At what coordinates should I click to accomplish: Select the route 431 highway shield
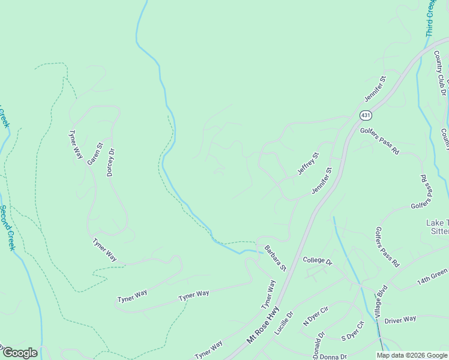pos(365,115)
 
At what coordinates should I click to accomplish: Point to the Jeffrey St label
pos(309,164)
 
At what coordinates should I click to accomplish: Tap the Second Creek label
pos(8,227)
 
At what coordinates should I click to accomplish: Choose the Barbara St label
pos(276,258)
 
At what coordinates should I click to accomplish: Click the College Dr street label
pos(318,260)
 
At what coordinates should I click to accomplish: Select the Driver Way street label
pos(400,320)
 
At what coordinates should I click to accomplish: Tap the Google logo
pos(19,353)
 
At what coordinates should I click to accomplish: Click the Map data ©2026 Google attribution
pos(412,355)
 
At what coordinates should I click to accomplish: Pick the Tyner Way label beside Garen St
pos(76,145)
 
